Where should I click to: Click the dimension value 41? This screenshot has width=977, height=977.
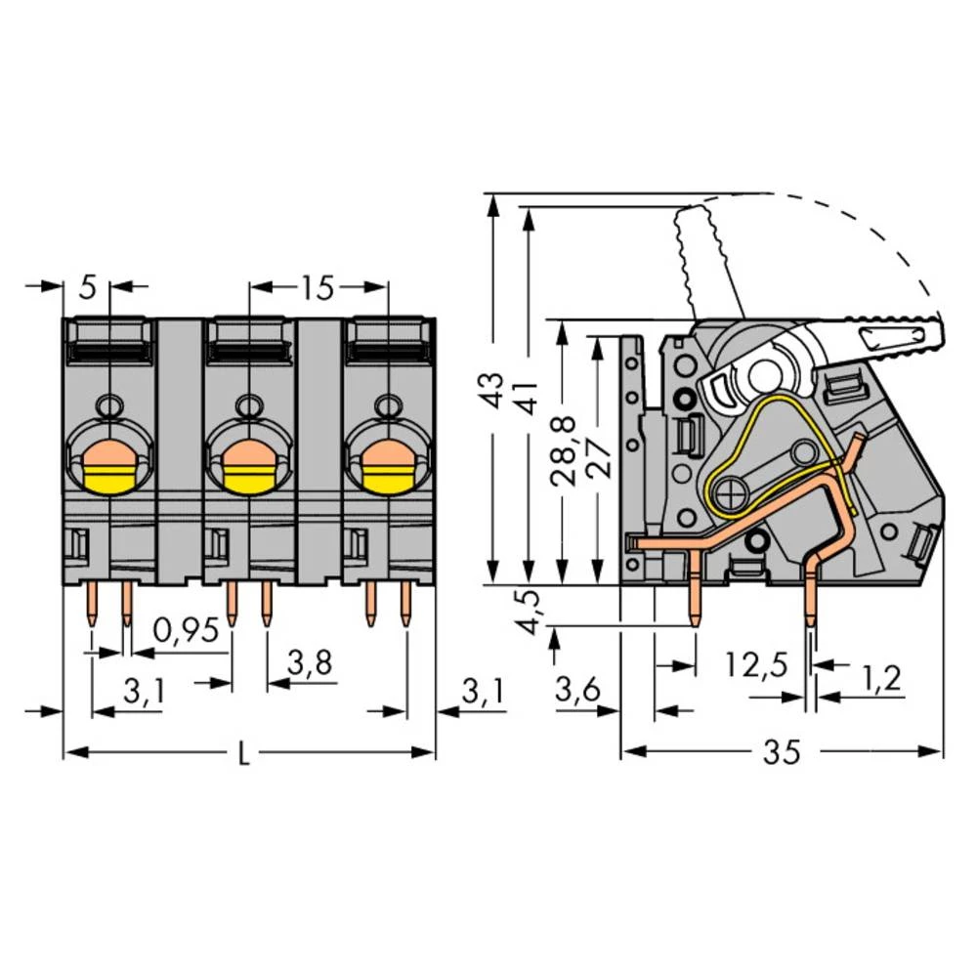point(528,393)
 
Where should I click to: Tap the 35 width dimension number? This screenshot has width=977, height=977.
point(782,752)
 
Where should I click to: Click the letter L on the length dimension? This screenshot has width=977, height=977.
point(244,754)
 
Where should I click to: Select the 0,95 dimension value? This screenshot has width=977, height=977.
point(186,631)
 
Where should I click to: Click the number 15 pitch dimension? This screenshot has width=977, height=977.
point(318,288)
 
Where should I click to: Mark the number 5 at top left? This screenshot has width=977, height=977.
point(88,288)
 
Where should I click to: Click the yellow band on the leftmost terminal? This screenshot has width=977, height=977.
point(109,479)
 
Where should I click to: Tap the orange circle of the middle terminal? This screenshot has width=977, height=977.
point(249,453)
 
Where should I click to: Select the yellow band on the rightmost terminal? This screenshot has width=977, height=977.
point(389,479)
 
